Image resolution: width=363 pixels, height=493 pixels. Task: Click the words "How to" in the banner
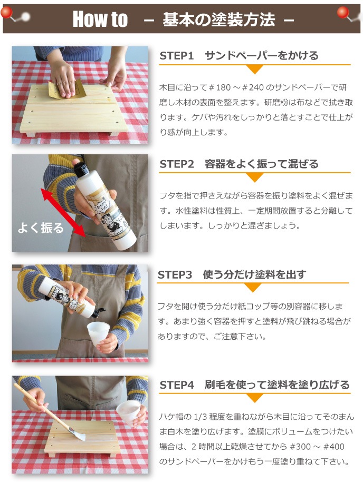100,19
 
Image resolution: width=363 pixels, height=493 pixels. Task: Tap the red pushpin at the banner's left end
6,13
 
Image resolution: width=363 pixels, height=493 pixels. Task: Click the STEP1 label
177,56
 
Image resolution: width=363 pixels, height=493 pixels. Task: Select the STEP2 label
177,164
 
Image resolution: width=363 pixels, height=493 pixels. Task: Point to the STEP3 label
175,274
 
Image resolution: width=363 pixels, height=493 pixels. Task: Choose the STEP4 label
177,385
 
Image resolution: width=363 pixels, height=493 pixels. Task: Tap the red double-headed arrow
63,213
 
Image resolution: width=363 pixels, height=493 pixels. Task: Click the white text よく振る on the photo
41,228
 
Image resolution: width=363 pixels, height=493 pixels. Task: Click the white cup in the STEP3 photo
98,333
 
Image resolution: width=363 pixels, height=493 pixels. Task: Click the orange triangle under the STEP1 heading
254,70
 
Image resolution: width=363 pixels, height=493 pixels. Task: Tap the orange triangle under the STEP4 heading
254,398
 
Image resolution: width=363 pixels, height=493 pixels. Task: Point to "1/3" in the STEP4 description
200,417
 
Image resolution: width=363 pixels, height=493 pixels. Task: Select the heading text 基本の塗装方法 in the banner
219,19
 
